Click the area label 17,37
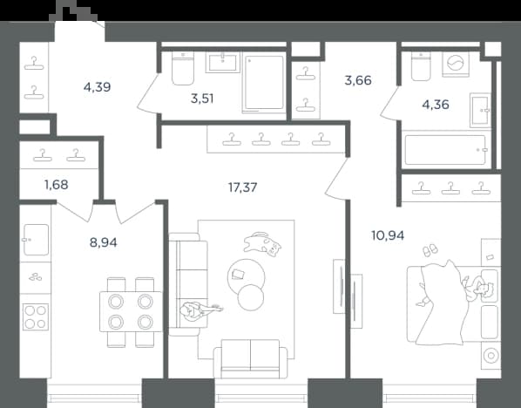coord(242,187)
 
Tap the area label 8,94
coord(104,242)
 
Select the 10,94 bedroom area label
coord(388,235)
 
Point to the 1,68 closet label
coord(57,185)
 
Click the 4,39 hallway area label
coord(97,87)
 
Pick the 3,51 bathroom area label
coord(202,99)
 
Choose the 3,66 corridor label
coord(358,80)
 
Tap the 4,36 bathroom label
coord(436,105)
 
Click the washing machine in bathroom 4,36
coord(456,64)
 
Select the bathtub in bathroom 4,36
coord(445,150)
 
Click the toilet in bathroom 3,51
coord(183,68)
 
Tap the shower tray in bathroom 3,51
coord(264,83)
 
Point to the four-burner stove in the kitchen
coord(36,316)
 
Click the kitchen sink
coord(36,240)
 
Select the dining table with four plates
coord(131,311)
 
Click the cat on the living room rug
coord(262,242)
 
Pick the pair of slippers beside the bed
coord(430,250)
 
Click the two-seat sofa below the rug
coord(250,359)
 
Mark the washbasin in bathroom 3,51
coord(223,62)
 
